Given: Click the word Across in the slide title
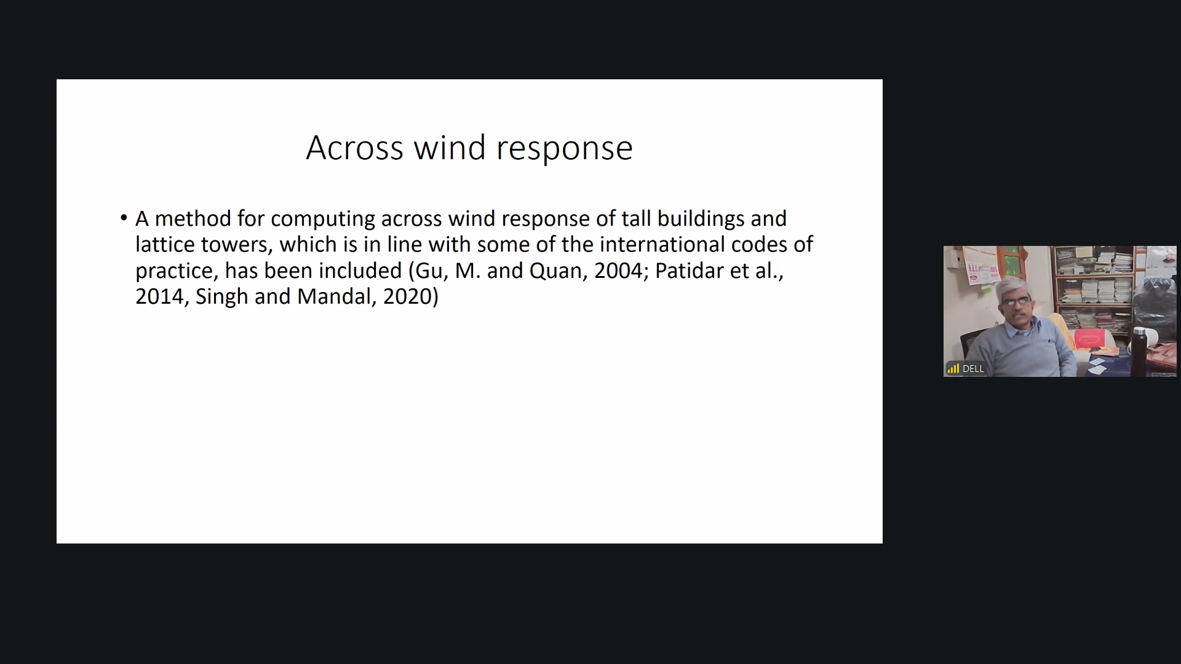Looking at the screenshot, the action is coord(355,148).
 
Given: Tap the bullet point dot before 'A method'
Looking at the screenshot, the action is coord(124,218).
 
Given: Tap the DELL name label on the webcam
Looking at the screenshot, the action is coord(973,369).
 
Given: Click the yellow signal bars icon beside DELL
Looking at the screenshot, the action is coord(953,369).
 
